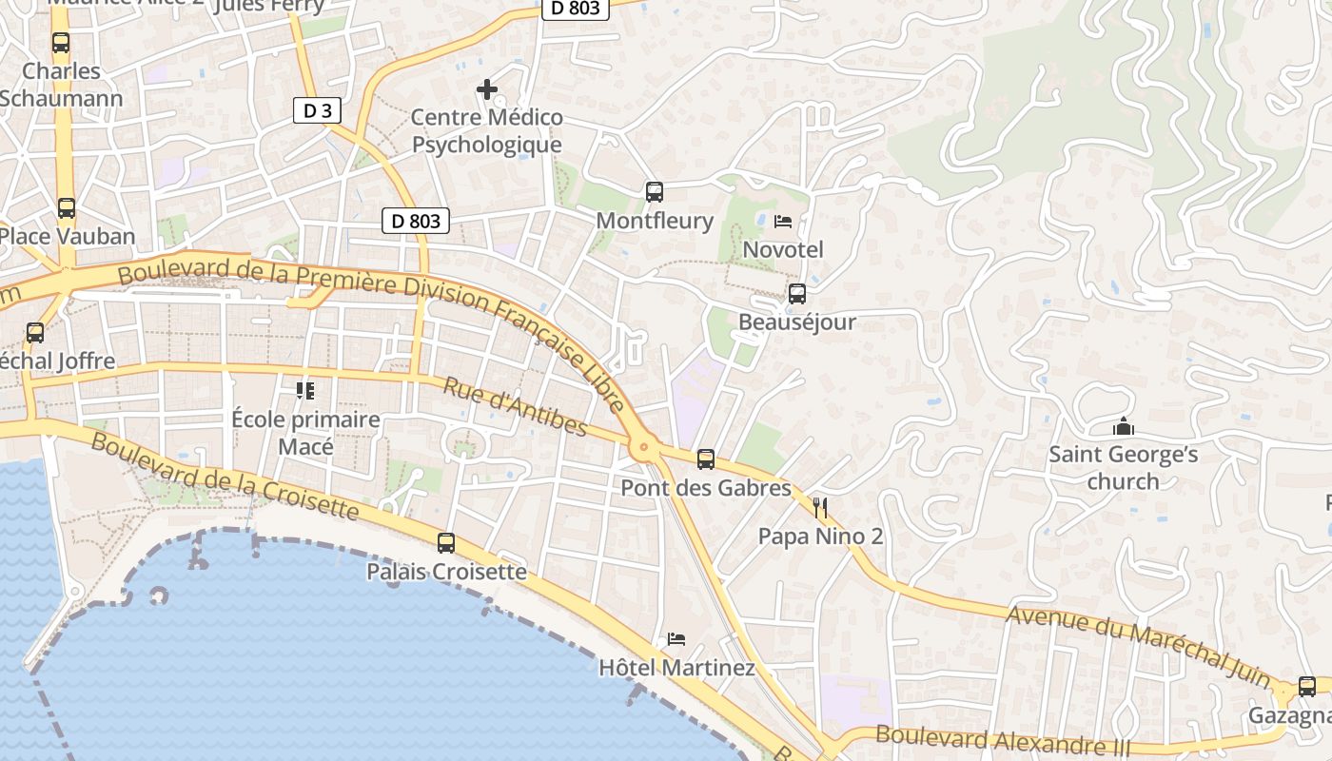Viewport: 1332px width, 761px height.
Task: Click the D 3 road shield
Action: [317, 111]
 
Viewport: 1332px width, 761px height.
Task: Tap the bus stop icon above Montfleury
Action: [655, 192]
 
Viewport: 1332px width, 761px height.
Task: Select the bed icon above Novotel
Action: [783, 222]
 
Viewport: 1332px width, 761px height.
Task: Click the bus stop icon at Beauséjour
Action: [797, 294]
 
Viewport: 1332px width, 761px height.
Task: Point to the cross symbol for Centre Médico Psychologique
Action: [487, 89]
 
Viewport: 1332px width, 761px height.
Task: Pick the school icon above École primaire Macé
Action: [305, 391]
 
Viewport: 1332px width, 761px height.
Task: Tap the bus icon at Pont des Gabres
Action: [706, 459]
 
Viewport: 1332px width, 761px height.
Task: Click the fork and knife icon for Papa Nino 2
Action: [820, 508]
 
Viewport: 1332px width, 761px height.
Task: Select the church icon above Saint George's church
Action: [1124, 426]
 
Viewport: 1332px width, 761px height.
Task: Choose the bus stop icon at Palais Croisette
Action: [446, 543]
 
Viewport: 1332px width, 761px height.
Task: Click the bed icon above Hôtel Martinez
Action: [676, 639]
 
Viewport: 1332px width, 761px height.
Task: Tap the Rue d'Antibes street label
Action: [515, 407]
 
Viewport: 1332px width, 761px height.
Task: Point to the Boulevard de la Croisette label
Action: [225, 477]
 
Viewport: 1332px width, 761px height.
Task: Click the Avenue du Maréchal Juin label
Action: [1139, 645]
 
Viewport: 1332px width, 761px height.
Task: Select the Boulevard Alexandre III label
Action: [1004, 740]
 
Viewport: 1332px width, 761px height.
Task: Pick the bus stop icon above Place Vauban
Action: [67, 208]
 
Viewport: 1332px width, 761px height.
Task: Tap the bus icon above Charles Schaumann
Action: [61, 43]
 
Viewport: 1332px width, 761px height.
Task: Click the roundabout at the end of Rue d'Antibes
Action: [644, 444]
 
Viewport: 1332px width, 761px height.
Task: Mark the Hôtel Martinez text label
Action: [676, 668]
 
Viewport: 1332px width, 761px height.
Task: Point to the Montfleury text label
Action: [655, 221]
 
